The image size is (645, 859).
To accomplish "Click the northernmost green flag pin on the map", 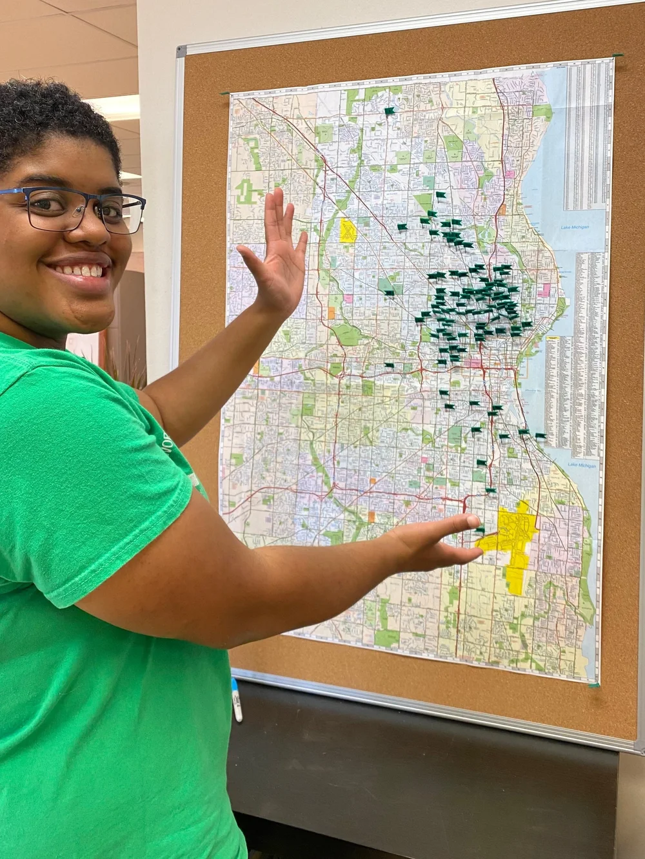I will pyautogui.click(x=389, y=111).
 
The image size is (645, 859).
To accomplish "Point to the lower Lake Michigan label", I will pyautogui.click(x=582, y=465).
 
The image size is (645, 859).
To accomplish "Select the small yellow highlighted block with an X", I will pyautogui.click(x=348, y=230).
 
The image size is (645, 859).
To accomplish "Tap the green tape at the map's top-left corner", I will pyautogui.click(x=224, y=93).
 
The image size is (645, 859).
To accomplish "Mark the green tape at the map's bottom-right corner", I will pyautogui.click(x=594, y=684).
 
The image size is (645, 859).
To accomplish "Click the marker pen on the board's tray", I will pyautogui.click(x=237, y=700).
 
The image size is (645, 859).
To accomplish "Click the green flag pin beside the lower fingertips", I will pyautogui.click(x=479, y=530).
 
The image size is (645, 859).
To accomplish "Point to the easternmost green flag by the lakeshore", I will pyautogui.click(x=541, y=436).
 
